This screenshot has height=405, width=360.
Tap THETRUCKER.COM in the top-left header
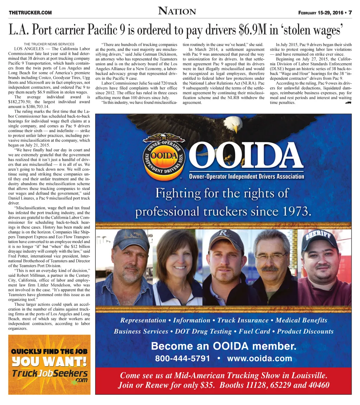point(30,13)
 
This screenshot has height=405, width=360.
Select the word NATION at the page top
point(177,11)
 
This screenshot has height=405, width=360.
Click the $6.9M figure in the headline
point(253,31)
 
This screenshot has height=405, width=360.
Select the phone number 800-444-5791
point(182,359)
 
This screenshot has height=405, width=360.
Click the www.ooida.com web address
point(259,359)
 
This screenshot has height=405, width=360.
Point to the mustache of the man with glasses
point(270,269)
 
